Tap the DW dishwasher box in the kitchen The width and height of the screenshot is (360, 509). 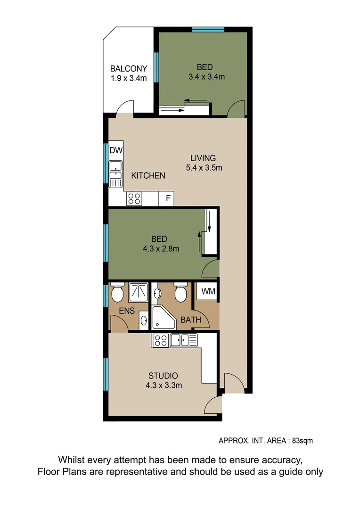coord(116,151)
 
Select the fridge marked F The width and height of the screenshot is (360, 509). coord(167,198)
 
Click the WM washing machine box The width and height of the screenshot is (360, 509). coord(208,291)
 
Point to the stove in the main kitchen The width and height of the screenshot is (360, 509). coord(134,199)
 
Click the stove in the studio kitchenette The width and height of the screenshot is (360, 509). coord(160,340)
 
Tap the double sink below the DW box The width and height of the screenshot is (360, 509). coord(115,171)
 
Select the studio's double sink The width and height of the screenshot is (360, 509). coord(184,340)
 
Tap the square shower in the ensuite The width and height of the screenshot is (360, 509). coord(139,292)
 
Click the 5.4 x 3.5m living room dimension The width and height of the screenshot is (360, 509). coord(203,167)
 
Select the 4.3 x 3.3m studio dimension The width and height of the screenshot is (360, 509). coord(164,385)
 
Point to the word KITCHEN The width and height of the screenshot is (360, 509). coord(148,176)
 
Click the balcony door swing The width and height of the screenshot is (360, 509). coord(125,108)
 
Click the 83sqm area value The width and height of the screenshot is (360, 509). coord(302,441)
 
